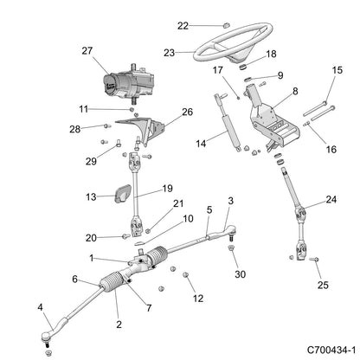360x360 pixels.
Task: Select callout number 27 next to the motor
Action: (x=110, y=51)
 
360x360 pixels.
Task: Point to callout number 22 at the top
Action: (x=183, y=25)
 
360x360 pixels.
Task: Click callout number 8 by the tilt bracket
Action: (x=295, y=90)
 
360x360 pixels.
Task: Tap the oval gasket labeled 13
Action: (x=124, y=196)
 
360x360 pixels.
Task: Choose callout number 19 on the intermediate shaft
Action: (x=167, y=187)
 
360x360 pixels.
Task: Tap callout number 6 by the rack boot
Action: (x=75, y=279)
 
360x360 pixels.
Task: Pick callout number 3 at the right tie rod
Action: (x=230, y=202)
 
